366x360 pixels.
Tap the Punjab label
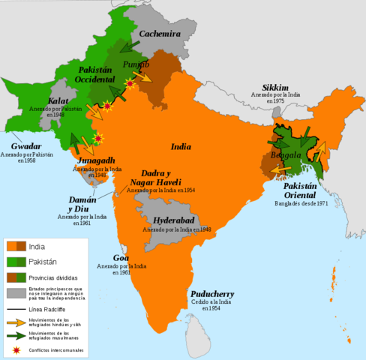[137, 64]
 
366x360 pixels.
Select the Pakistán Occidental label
[96, 74]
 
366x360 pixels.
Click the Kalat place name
[58, 100]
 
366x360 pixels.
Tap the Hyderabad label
[174, 220]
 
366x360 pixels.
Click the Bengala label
[286, 155]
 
